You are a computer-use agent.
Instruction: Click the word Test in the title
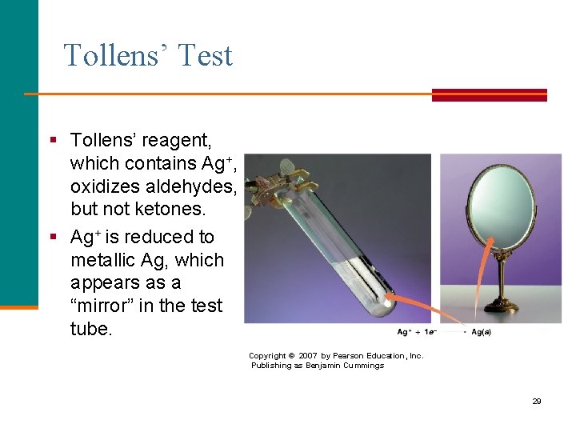tap(205, 56)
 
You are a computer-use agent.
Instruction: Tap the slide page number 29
tap(537, 401)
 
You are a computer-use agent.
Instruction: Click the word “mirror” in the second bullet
tap(106, 306)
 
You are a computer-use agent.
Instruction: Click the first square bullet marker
tap(53, 140)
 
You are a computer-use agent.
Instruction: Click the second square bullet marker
tap(53, 237)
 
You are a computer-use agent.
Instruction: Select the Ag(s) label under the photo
tap(481, 332)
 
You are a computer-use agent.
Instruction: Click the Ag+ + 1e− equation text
tap(415, 332)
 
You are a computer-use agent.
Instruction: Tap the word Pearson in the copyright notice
tap(359, 356)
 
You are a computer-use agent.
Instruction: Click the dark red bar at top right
tap(489, 94)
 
